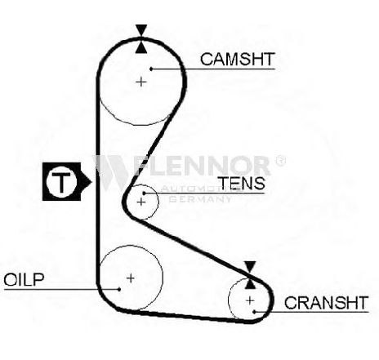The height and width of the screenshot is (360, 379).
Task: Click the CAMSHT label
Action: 238,59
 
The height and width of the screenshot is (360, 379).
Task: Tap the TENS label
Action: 242,183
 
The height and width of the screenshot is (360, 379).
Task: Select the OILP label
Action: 24,279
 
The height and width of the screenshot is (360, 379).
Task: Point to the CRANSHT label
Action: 326,303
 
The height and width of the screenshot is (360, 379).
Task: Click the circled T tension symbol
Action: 60,181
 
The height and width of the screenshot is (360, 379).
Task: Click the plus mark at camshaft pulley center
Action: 141,82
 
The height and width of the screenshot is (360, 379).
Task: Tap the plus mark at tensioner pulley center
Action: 141,202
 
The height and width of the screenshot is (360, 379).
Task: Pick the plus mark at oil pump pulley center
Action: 131,278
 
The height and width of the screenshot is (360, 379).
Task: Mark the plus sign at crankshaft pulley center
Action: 250,300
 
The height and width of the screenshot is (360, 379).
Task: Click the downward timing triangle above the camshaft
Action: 141,30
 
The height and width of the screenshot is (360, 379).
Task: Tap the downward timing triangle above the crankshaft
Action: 250,267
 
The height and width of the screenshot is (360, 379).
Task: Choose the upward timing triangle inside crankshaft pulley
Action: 250,283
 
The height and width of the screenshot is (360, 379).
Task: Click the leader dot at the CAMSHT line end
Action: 151,69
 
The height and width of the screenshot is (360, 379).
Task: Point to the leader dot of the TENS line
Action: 145,193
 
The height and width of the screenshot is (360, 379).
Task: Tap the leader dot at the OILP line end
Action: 119,289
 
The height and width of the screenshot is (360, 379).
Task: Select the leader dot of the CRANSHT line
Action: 254,312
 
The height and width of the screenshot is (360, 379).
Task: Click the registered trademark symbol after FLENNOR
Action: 281,161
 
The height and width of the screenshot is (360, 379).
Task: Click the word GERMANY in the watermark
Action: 200,199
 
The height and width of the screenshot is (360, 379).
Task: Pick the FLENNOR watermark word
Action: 203,166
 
